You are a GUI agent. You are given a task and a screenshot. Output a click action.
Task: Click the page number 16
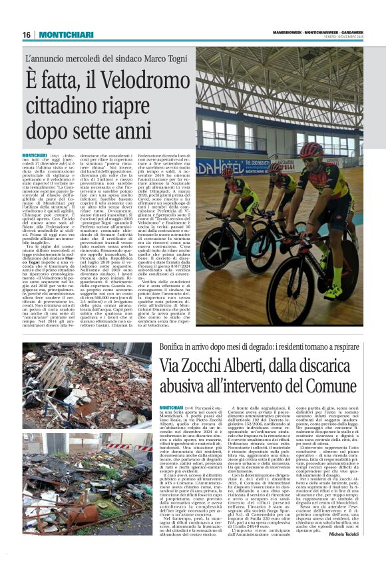27,35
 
